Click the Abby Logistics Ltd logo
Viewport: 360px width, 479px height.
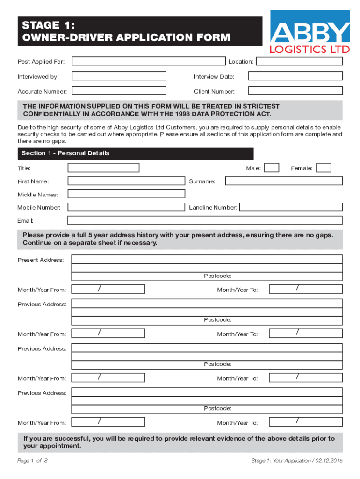tap(310, 32)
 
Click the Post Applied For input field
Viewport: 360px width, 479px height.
tap(148, 61)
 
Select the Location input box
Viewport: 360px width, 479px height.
tap(299, 61)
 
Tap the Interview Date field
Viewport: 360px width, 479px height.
tap(295, 76)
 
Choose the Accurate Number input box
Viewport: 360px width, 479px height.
tap(119, 91)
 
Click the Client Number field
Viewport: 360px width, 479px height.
tap(295, 91)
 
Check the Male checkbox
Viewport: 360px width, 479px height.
tap(272, 167)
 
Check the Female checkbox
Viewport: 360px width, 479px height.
tap(324, 167)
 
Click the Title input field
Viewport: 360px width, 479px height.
tap(103, 167)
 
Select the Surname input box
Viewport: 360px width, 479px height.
tap(283, 181)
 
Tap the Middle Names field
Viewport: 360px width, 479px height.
tap(126, 194)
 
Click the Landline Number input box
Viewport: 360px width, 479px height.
tap(291, 207)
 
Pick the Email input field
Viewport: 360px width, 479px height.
tap(205, 220)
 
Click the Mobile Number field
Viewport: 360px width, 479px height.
tap(126, 207)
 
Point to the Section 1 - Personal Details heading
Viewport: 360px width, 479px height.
tap(65, 153)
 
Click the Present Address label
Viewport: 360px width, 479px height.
tap(41, 260)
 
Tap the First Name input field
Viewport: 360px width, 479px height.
tap(126, 181)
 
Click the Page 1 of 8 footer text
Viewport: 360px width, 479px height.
tap(32, 461)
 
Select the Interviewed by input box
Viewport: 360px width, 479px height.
tap(119, 76)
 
